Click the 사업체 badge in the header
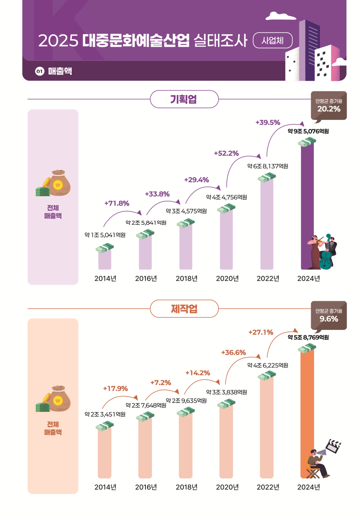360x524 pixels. [x=272, y=41]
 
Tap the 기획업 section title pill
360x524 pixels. [x=184, y=99]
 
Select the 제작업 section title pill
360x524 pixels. [x=184, y=308]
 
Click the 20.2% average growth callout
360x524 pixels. [x=328, y=105]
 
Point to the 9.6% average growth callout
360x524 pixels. [x=328, y=315]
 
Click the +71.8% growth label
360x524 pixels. [x=116, y=203]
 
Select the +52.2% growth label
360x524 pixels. [x=226, y=153]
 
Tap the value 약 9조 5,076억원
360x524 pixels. [x=308, y=131]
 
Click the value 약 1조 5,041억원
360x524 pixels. [x=105, y=235]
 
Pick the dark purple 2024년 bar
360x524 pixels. [x=307, y=203]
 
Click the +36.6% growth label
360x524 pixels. [x=233, y=352]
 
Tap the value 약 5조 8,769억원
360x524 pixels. [x=308, y=338]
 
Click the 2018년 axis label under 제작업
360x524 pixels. [x=186, y=487]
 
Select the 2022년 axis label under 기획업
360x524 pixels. [x=268, y=278]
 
